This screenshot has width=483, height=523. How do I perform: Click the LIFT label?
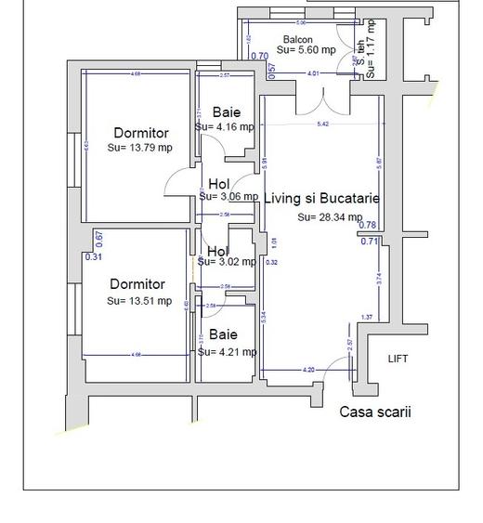pyautogui.click(x=398, y=359)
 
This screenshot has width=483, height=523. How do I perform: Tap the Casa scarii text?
pyautogui.click(x=375, y=412)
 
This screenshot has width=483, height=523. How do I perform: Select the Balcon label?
pyautogui.click(x=297, y=40)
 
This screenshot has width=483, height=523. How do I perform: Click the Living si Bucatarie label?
pyautogui.click(x=322, y=198)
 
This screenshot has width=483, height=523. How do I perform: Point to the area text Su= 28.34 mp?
pyautogui.click(x=330, y=217)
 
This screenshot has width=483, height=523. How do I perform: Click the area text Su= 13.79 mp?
pyautogui.click(x=140, y=148)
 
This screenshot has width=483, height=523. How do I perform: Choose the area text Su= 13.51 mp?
pyautogui.click(x=139, y=301)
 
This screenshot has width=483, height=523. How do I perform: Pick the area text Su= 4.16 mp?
pyautogui.click(x=225, y=126)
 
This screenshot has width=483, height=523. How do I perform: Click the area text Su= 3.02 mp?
pyautogui.click(x=227, y=262)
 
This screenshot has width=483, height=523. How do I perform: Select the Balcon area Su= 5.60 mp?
pyautogui.click(x=304, y=50)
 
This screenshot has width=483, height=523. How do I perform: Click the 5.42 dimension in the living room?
pyautogui.click(x=322, y=124)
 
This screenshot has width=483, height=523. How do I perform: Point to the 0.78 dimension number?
pyautogui.click(x=368, y=225)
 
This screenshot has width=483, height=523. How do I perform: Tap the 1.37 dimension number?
pyautogui.click(x=367, y=318)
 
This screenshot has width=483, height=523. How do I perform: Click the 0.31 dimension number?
pyautogui.click(x=93, y=257)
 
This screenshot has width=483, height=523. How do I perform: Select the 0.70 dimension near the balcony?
pyautogui.click(x=259, y=57)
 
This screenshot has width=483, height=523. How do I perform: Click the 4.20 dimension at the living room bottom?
pyautogui.click(x=308, y=370)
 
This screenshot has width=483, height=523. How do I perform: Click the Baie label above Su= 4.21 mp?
pyautogui.click(x=223, y=334)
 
